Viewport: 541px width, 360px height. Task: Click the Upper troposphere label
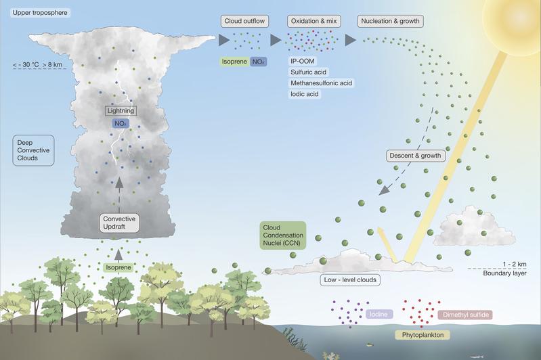tap(40, 13)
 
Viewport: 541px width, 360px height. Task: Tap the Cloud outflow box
tap(244, 21)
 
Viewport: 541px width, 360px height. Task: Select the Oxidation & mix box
tap(313, 21)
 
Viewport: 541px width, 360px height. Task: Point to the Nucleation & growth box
tap(390, 21)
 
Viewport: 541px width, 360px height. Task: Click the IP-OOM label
tap(303, 62)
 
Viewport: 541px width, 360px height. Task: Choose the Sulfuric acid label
tap(308, 72)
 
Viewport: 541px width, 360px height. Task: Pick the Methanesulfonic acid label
tap(321, 83)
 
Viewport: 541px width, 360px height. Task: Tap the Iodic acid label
tap(304, 94)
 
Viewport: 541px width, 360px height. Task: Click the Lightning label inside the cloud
tap(121, 111)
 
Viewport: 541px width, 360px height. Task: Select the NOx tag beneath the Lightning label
tap(120, 123)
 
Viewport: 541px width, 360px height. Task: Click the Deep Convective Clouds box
tap(33, 150)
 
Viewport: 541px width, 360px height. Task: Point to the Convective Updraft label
tap(119, 223)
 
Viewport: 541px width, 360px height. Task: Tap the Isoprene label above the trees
tap(118, 267)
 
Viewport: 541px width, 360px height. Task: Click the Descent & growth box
tap(416, 156)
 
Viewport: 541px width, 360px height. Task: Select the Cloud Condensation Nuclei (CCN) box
tap(283, 235)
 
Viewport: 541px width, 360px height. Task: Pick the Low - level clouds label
tap(350, 279)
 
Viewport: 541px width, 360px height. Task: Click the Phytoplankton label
tap(423, 335)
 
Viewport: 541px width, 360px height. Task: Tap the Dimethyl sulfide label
tap(465, 315)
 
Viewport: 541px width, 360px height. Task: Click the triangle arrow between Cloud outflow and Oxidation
tap(276, 40)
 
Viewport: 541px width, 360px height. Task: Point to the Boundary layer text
tap(504, 273)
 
